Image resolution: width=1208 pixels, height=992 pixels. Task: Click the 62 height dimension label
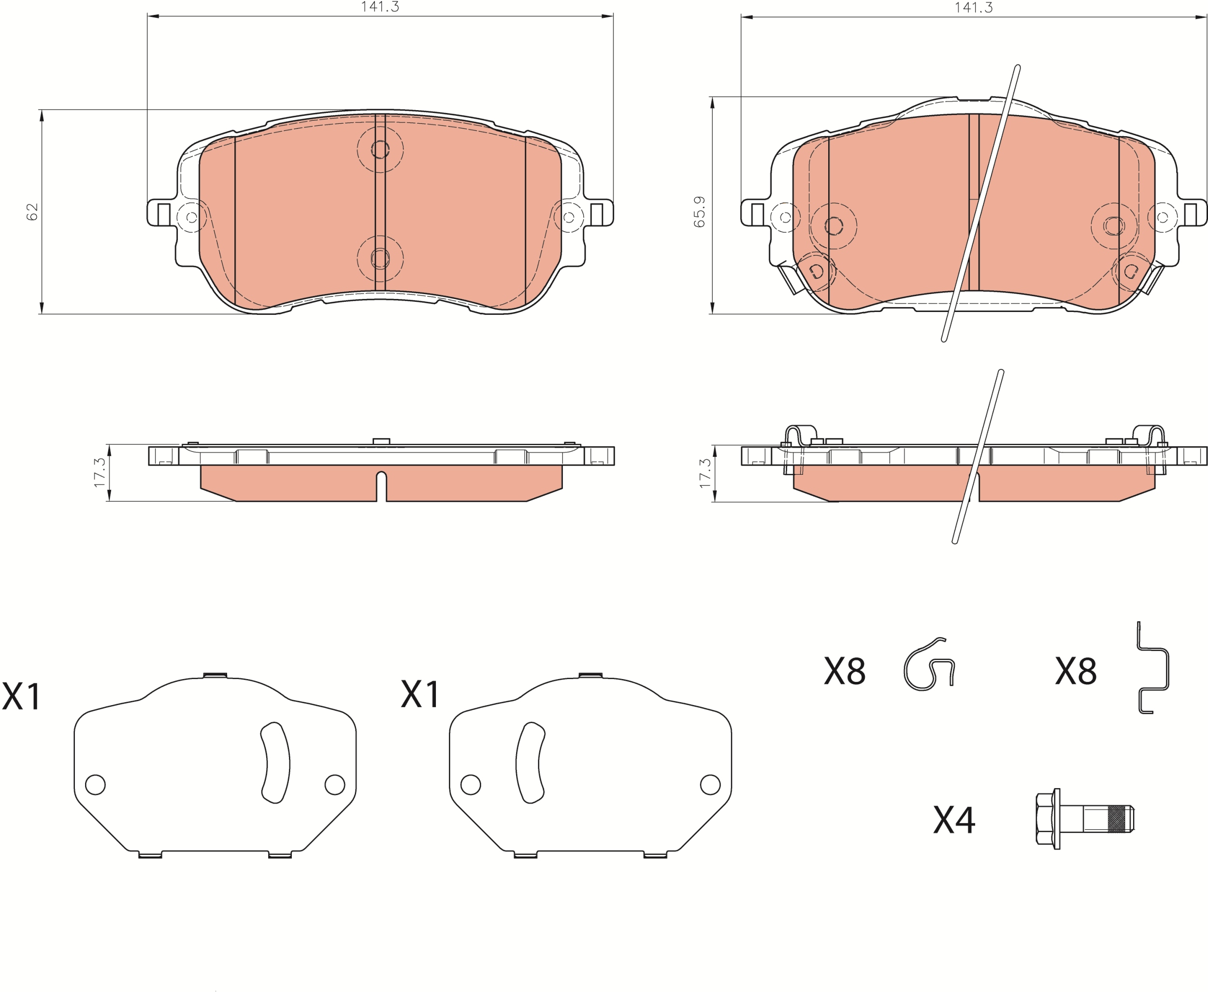coord(32,212)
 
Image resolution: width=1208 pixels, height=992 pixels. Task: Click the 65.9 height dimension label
coord(699,212)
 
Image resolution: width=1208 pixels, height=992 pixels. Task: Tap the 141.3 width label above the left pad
coord(380,7)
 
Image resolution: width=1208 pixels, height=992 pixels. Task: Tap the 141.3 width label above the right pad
coord(974,7)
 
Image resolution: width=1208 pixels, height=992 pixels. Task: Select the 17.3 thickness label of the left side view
coord(100,472)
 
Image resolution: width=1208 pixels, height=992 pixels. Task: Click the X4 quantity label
coord(954,821)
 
